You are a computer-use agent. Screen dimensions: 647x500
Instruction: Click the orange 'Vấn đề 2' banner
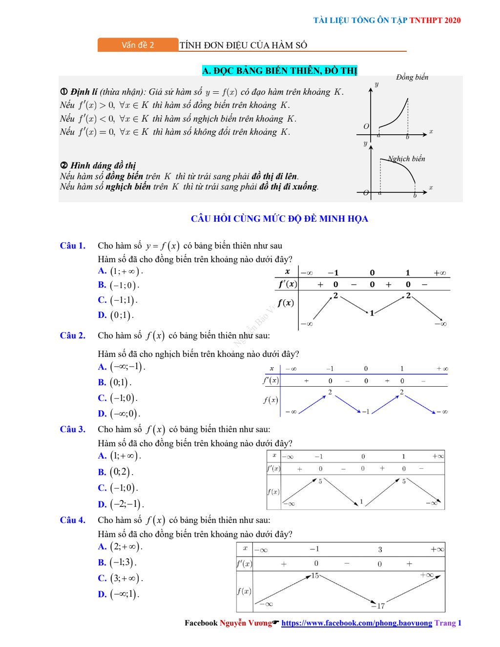coord(138,45)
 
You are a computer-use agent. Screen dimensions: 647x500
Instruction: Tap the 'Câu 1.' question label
coord(72,246)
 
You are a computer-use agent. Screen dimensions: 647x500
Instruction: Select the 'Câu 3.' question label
coord(72,429)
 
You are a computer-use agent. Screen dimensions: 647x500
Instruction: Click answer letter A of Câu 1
coord(102,271)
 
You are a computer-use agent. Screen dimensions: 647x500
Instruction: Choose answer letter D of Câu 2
coord(102,414)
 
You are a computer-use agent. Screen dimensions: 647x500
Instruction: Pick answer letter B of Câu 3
coord(102,472)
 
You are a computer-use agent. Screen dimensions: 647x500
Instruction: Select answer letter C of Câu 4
coord(102,578)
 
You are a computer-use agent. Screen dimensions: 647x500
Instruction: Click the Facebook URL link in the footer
coord(356,623)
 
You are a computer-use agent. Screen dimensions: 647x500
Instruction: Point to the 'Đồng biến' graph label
coord(412,77)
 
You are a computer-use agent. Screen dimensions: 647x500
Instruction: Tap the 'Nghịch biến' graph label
coord(406,159)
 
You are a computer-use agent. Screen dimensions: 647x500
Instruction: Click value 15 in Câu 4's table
coord(315,576)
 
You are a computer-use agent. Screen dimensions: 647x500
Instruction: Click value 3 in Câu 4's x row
coord(380,550)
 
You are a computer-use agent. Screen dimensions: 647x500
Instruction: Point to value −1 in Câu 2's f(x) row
coord(365,412)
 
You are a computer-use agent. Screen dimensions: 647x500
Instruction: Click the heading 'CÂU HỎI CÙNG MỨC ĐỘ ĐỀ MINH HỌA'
coord(279,219)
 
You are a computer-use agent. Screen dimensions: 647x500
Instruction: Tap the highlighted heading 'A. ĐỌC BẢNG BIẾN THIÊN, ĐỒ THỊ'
coord(279,71)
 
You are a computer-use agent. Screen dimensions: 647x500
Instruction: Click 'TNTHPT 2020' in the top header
coord(435,20)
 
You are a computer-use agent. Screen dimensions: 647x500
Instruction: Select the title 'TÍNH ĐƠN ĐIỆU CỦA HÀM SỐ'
coord(243,45)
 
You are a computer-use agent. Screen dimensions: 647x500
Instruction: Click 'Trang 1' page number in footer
coord(448,623)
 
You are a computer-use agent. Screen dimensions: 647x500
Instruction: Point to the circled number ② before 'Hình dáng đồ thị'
coord(64,165)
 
